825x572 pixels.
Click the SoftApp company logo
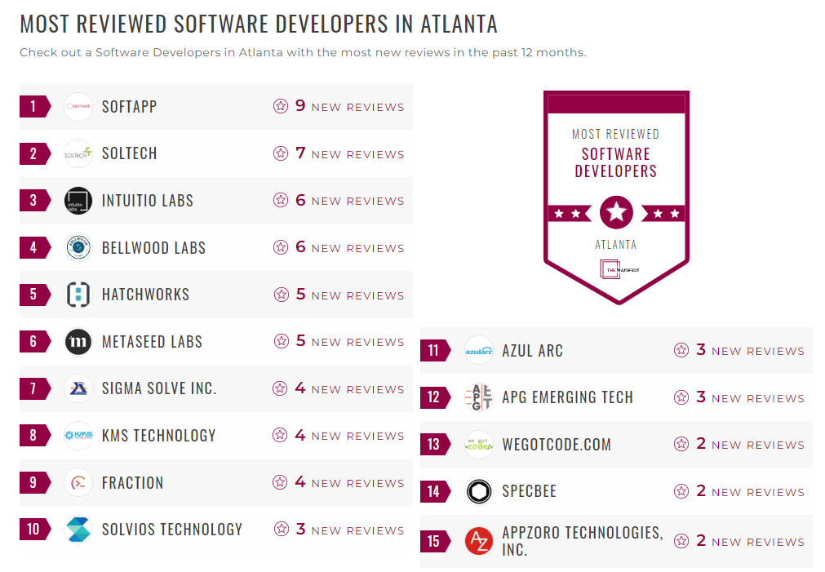point(78,107)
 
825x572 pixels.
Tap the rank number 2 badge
point(33,153)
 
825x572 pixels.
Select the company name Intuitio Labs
point(147,201)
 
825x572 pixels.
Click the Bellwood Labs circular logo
point(78,247)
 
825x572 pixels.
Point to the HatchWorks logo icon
point(78,295)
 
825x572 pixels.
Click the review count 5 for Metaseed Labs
point(300,341)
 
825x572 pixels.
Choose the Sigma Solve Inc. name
point(159,388)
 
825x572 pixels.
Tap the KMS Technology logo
point(78,436)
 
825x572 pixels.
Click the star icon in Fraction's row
point(281,483)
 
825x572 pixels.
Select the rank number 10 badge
point(33,530)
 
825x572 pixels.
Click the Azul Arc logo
point(479,351)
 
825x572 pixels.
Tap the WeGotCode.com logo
point(479,445)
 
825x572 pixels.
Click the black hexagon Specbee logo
point(479,492)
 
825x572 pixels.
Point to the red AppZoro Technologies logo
point(479,541)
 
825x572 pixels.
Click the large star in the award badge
point(616,213)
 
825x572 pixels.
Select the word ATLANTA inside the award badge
point(616,244)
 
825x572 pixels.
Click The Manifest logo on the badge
point(619,268)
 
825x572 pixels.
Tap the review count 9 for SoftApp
point(300,106)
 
